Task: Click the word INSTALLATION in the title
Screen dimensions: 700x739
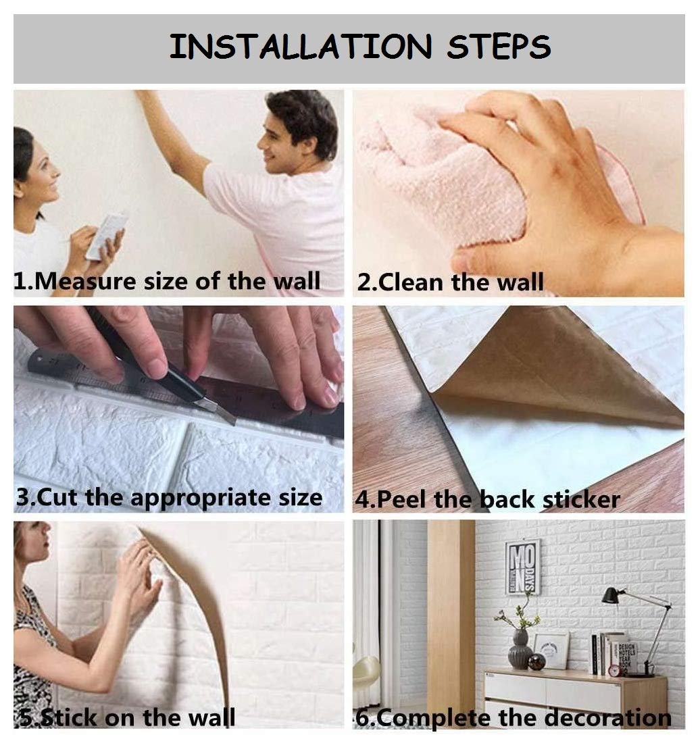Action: pos(300,46)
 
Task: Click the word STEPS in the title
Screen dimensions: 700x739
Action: pos(498,46)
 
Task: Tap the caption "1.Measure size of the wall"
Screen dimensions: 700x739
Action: pos(167,281)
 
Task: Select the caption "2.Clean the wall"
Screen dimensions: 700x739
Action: pos(450,282)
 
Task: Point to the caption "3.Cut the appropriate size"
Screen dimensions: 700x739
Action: pos(169,498)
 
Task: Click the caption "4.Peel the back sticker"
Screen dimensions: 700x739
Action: pos(487,499)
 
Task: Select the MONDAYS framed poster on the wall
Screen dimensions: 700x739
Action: pos(522,567)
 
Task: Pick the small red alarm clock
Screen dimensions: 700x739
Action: pos(614,669)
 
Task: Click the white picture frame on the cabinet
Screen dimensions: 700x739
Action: pos(551,651)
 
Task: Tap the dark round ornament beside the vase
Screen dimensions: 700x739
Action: pos(536,662)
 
